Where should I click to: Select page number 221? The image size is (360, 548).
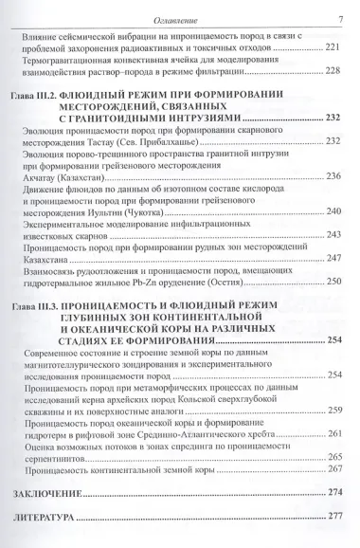click(x=333, y=47)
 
